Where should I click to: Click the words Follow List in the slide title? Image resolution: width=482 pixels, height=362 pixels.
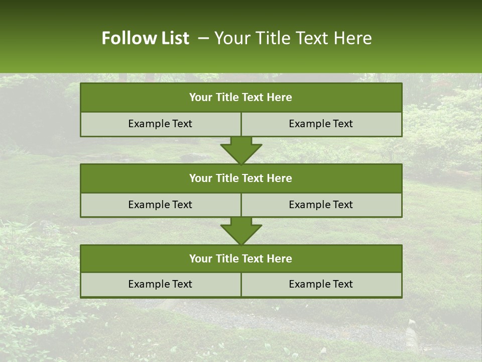(145, 38)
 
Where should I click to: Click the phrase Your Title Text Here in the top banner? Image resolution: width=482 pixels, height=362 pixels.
(293, 38)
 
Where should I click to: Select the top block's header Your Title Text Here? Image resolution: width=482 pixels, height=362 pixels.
(240, 98)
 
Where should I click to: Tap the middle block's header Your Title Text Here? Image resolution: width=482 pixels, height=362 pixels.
(240, 178)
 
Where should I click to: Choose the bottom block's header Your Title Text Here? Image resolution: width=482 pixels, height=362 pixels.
(240, 258)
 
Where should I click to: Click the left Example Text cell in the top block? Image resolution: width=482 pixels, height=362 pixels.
(160, 124)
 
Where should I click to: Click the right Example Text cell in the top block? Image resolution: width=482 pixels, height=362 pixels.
(321, 124)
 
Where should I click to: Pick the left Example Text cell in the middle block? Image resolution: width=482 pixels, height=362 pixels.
(160, 205)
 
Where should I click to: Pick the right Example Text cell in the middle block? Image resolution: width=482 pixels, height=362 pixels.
(321, 205)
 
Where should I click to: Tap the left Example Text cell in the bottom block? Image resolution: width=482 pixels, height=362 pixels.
(160, 284)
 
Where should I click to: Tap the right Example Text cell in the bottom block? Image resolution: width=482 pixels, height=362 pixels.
(321, 284)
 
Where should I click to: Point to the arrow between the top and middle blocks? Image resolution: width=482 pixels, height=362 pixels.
(241, 150)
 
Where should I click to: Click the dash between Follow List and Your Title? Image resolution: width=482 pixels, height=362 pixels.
(203, 38)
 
